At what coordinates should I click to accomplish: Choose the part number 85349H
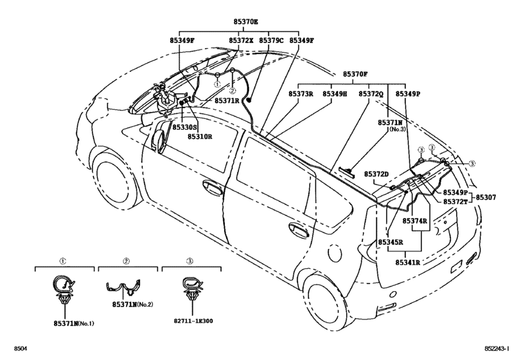click(335, 94)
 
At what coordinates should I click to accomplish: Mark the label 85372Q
click(371, 94)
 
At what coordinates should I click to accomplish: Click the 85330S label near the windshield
click(184, 127)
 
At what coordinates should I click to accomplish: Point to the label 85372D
click(377, 174)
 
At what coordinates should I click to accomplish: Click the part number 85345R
click(390, 242)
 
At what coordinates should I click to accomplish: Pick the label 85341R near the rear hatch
click(407, 262)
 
